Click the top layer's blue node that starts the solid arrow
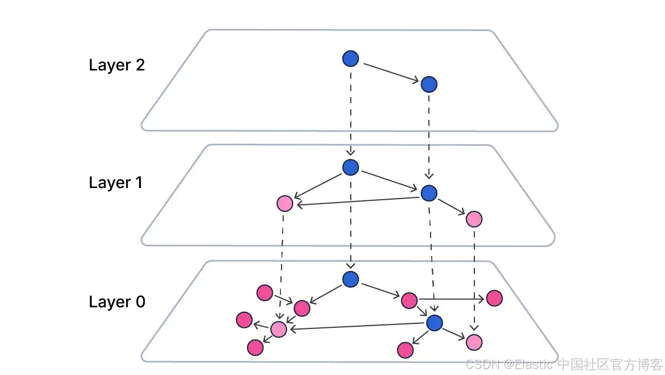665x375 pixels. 351,58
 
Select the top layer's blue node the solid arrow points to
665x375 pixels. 429,84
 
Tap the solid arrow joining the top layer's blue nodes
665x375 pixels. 390,72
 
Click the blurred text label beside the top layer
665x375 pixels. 117,64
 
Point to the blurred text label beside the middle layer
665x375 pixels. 116,183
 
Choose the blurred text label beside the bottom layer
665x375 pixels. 117,302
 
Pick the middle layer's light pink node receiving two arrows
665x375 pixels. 284,204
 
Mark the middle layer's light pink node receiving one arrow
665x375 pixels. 474,219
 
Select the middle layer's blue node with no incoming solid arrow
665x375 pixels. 351,167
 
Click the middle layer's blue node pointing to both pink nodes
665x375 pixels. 429,193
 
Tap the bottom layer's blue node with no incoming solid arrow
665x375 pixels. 351,279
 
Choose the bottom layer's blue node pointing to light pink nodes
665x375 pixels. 434,322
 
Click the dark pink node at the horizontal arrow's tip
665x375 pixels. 494,298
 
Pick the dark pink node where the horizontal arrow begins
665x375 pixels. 409,300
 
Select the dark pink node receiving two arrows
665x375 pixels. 302,308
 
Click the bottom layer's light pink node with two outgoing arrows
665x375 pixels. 279,329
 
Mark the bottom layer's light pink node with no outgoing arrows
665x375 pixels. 474,342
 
